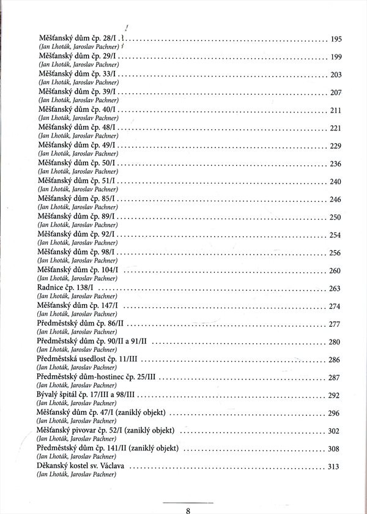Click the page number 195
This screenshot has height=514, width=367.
[335, 39]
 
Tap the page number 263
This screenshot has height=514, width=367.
[334, 288]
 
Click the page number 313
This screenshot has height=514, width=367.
[333, 467]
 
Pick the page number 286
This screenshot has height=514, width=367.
[334, 360]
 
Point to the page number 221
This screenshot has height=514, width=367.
[335, 128]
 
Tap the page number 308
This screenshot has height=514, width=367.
[333, 449]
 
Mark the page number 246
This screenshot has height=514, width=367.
[335, 199]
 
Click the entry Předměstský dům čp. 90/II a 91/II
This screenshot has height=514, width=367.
[94, 342]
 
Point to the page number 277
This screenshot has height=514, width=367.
[334, 324]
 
